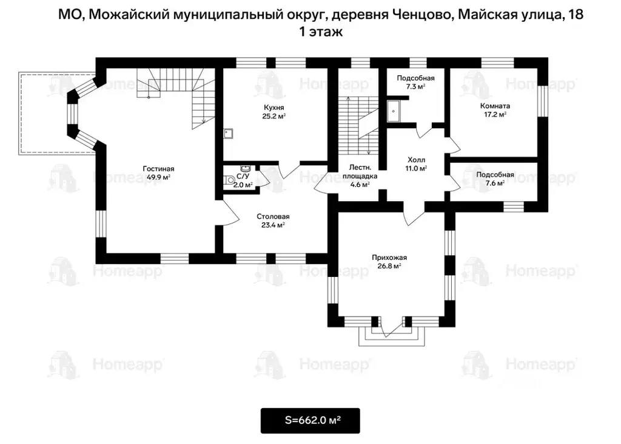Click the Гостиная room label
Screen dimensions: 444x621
(158, 168)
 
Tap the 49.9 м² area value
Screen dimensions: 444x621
(158, 177)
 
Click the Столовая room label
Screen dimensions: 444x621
(273, 216)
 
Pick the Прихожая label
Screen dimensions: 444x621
(389, 257)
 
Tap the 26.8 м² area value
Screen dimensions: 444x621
(389, 266)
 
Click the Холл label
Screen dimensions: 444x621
(416, 160)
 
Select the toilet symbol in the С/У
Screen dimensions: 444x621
(228, 180)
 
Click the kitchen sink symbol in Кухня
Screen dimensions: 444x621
(228, 134)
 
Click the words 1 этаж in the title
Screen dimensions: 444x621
(321, 32)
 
